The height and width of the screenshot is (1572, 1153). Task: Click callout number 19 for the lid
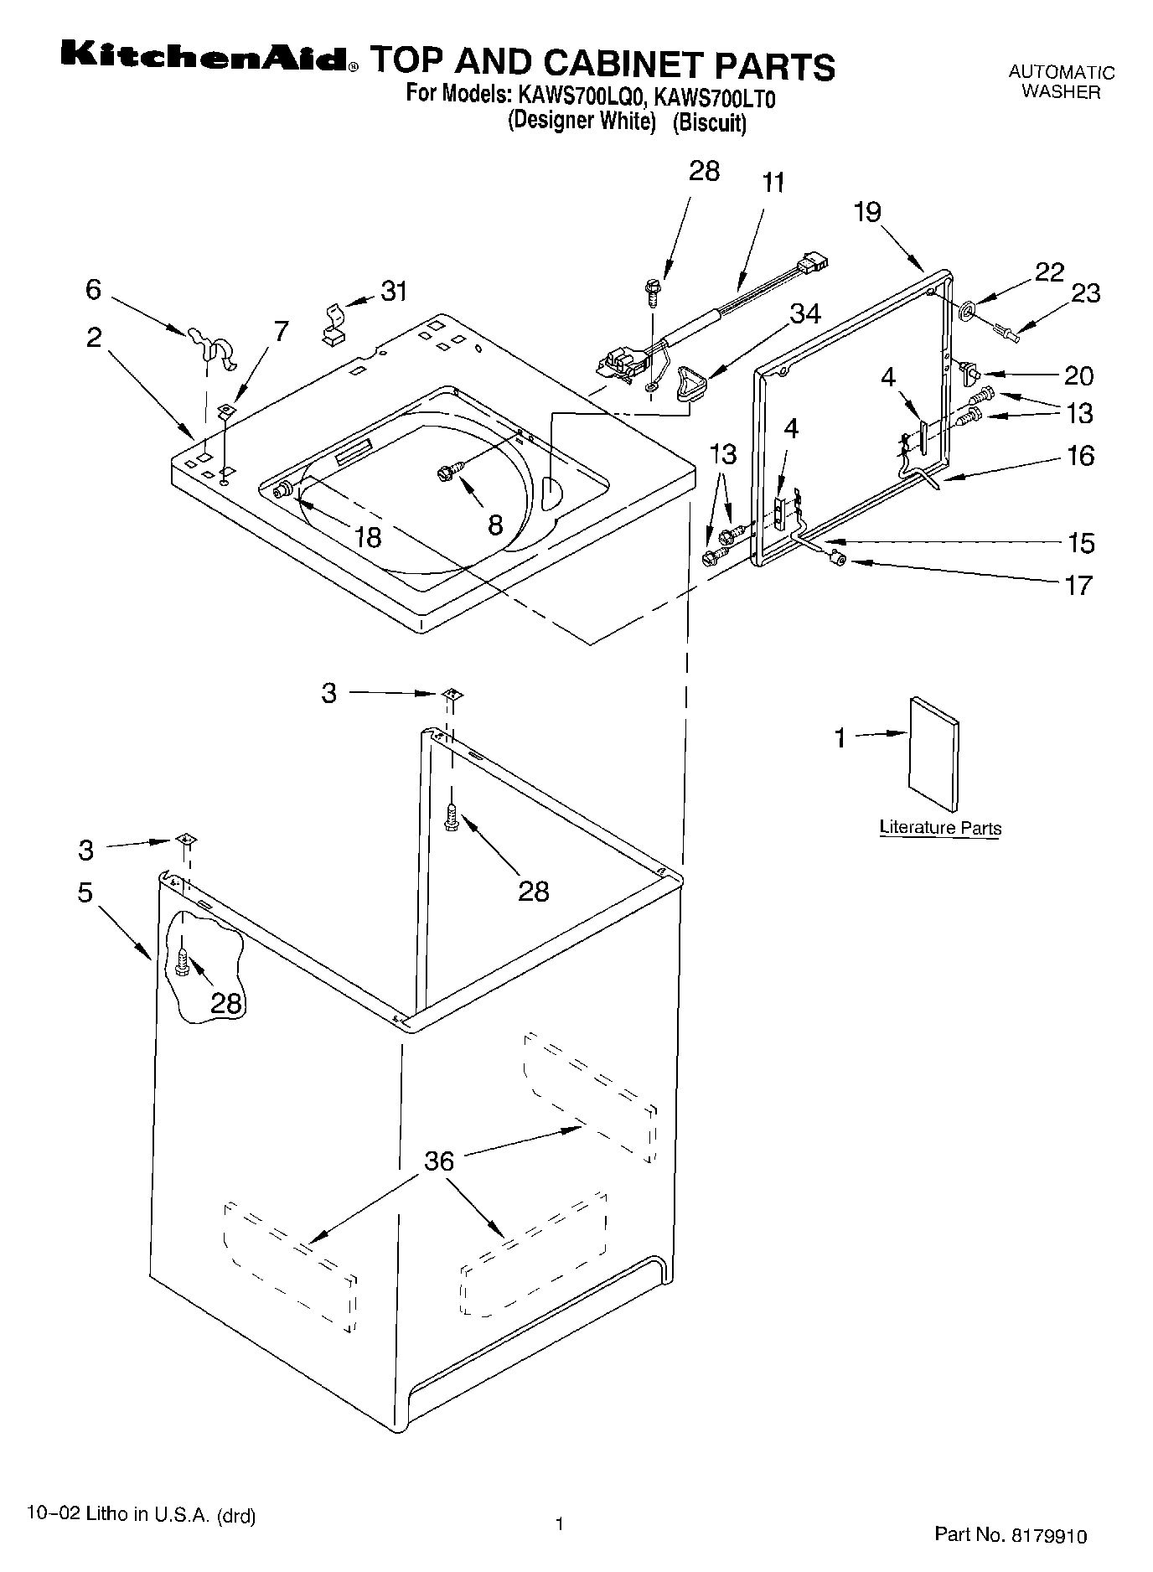(867, 213)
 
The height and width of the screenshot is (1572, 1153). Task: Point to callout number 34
(804, 314)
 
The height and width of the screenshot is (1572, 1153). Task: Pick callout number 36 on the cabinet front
(438, 1161)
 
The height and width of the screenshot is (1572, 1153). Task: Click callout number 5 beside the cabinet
(85, 893)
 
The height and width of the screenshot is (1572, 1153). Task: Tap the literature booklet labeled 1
(933, 754)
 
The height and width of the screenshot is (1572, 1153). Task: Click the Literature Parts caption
(940, 828)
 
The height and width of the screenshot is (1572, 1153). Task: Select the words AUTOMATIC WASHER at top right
(1061, 82)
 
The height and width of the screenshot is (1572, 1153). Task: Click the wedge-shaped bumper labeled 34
(690, 385)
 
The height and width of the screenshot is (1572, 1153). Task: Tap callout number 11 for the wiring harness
(773, 184)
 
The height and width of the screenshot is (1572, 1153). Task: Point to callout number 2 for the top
(93, 337)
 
